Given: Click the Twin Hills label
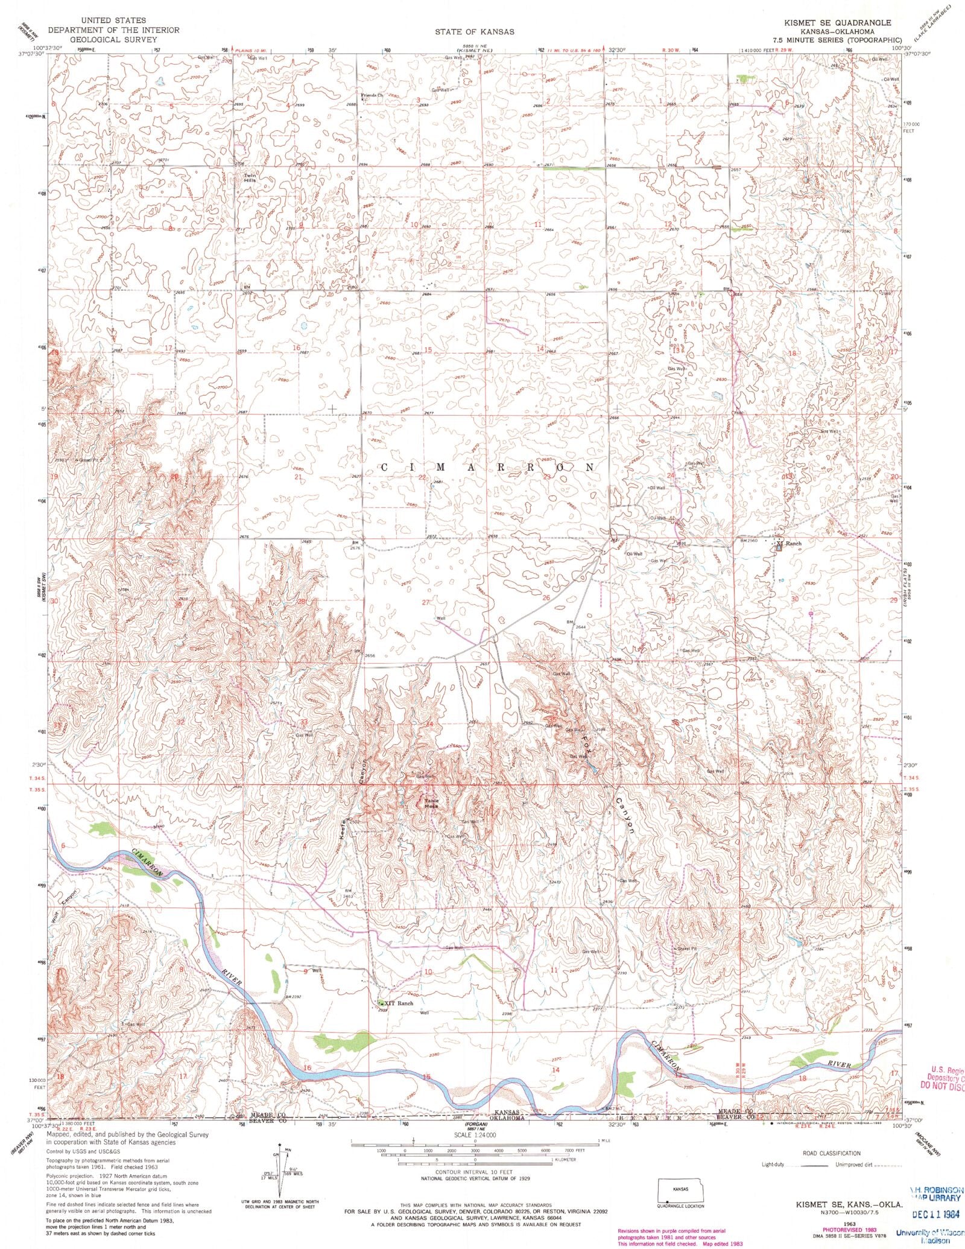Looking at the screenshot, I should tap(250, 178).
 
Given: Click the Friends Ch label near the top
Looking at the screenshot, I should tap(372, 96).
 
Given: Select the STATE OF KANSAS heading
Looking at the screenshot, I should tap(475, 31).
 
